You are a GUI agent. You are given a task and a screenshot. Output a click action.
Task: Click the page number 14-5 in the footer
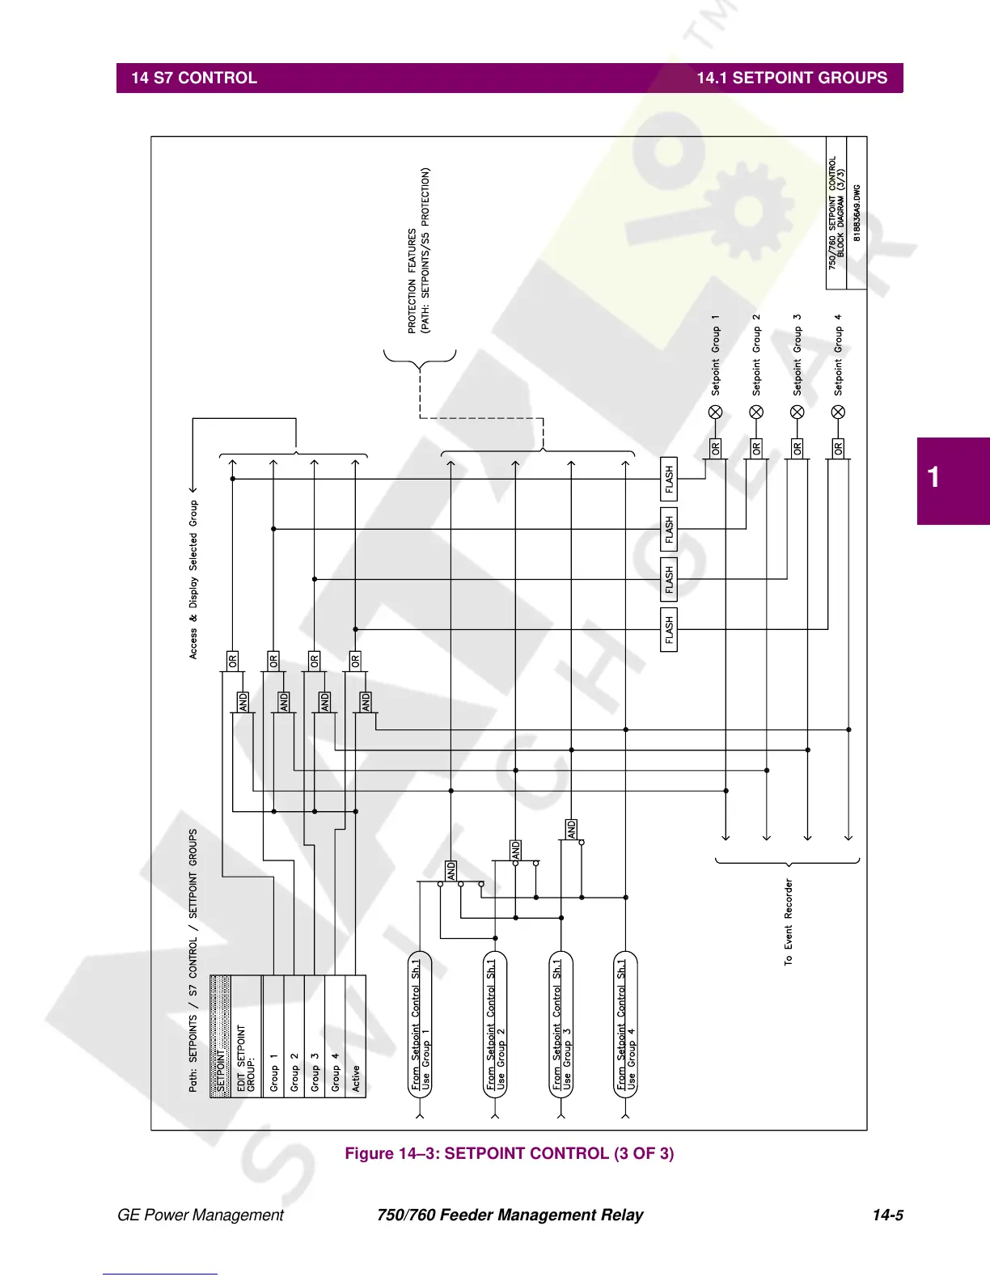coord(887,1215)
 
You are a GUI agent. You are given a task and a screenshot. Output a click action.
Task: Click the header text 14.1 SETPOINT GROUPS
coord(792,78)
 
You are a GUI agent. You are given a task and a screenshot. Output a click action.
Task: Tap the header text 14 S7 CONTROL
coord(194,78)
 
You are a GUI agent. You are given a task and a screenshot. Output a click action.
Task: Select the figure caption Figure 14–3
coord(509,1153)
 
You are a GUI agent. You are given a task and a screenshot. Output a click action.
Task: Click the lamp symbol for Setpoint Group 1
coord(715,412)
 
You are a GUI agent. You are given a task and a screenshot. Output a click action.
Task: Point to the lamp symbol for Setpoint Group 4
coord(838,412)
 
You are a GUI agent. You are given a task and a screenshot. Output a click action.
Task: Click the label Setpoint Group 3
coord(797,355)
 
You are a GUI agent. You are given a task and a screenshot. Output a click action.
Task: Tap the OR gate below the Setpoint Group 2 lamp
coord(756,447)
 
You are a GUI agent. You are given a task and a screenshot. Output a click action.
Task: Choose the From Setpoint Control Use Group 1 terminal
coord(421,1025)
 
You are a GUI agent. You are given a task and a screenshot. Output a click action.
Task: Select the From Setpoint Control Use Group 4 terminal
coord(626,1025)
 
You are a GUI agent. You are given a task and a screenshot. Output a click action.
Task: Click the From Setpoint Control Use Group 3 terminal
coord(561,1025)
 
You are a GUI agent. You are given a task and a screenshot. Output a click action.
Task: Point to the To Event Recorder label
coord(789,922)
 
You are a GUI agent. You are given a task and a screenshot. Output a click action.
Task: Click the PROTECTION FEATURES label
coord(419,251)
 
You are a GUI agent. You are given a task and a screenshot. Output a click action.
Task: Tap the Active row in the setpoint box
coord(356,1079)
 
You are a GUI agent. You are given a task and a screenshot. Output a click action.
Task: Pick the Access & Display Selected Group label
coord(193,579)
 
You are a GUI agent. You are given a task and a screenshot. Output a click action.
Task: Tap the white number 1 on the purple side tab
coord(934,477)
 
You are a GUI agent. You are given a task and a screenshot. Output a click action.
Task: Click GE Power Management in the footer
coord(201,1215)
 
